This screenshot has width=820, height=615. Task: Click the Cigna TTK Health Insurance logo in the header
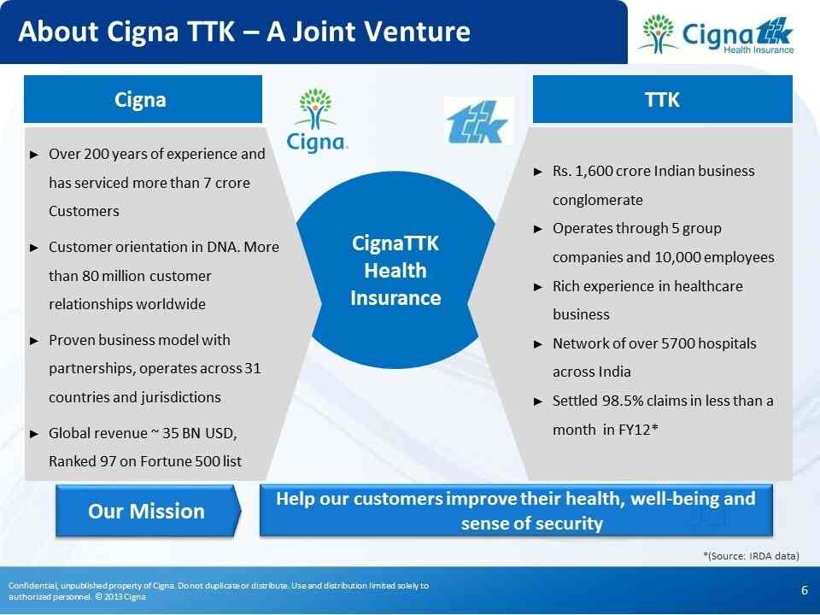[x=716, y=34]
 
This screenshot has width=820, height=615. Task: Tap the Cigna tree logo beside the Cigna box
[x=317, y=120]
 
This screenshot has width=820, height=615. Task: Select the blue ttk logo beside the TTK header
[x=477, y=121]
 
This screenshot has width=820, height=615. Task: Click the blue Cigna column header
[x=143, y=99]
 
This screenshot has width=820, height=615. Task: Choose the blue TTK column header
[x=663, y=99]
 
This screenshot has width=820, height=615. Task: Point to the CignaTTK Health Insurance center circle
[x=395, y=270]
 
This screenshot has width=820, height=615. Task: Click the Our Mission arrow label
[x=148, y=511]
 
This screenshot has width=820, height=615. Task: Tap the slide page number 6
[x=805, y=590]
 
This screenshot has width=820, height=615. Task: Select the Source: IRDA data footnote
[x=751, y=555]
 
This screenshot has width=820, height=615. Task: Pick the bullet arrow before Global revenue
[x=34, y=434]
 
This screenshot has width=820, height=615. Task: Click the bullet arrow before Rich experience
[x=538, y=287]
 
